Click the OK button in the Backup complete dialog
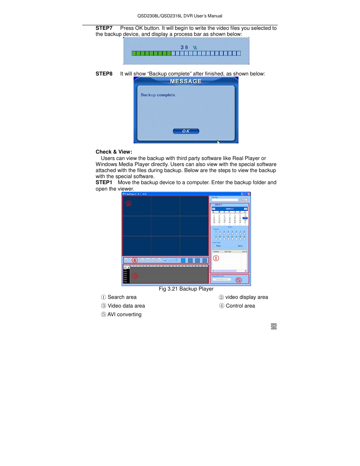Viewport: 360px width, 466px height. tap(186, 131)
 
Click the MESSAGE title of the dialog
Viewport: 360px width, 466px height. tap(186, 82)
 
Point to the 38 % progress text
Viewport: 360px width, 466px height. tap(189, 48)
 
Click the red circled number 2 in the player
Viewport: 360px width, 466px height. tap(129, 203)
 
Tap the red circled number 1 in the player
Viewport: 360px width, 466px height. tap(216, 258)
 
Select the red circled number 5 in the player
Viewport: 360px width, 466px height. tap(238, 280)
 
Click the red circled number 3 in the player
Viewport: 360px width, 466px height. tap(135, 276)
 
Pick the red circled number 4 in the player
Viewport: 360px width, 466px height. tap(135, 260)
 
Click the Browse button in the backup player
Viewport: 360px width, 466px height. tap(243, 200)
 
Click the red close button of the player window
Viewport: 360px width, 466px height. tap(249, 194)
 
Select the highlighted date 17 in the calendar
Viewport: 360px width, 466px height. tap(245, 218)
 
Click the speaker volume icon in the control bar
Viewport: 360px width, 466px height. tap(165, 260)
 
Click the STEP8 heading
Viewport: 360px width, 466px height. tap(104, 74)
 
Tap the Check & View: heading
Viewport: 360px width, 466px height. tap(114, 152)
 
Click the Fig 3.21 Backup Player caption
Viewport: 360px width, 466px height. tap(186, 289)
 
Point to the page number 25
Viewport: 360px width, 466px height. tap(274, 326)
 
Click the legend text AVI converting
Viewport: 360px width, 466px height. tap(124, 315)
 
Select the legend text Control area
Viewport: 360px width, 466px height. tap(240, 306)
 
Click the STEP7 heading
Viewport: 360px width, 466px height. tap(104, 28)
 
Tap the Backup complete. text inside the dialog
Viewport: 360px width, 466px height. tap(158, 95)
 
